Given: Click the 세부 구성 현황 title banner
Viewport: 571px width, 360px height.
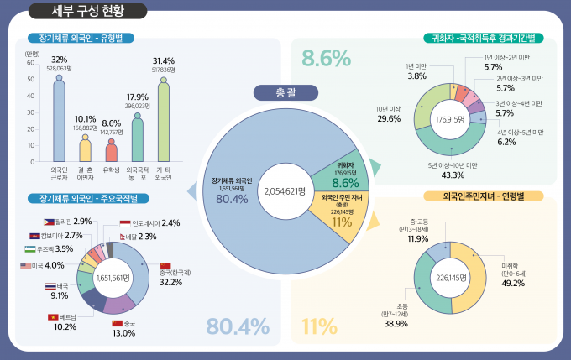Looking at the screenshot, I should coord(86,11).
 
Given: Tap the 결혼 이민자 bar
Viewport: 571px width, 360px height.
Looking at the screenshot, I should coord(85,149).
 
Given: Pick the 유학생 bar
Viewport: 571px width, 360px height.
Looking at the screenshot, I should coord(111,151).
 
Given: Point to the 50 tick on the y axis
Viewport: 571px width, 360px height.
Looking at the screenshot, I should coord(31,79).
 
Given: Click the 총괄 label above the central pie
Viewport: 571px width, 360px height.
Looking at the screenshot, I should coord(285,92).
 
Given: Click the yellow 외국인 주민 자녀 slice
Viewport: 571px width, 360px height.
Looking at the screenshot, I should coord(340,217).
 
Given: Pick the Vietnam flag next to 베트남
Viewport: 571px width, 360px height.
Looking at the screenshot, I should coord(53,317).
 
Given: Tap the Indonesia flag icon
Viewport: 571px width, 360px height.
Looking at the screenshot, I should coord(125,223).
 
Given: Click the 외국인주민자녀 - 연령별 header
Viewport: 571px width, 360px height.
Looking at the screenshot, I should coord(484,196).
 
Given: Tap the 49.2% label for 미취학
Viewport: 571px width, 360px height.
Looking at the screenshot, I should coord(513,283).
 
